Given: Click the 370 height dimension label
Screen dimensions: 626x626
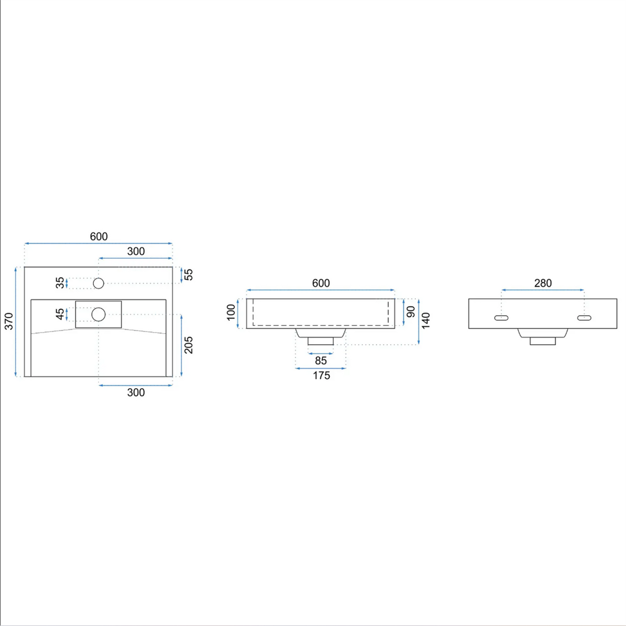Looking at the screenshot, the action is [x=9, y=321].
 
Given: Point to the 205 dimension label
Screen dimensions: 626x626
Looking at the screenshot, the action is [x=188, y=345].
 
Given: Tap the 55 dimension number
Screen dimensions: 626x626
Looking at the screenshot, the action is [x=188, y=274].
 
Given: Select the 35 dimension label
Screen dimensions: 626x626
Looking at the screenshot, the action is [x=60, y=283].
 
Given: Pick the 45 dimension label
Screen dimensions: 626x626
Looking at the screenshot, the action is [x=60, y=314].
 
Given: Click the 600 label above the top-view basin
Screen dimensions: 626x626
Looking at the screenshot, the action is [x=99, y=236].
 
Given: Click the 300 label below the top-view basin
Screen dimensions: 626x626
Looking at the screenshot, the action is [x=136, y=392].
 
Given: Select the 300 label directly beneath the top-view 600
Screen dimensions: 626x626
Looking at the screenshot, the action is [x=136, y=251].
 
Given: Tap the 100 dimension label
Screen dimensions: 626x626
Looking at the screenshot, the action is [x=231, y=312].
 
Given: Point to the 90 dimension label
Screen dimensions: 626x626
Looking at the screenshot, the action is [x=411, y=311].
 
